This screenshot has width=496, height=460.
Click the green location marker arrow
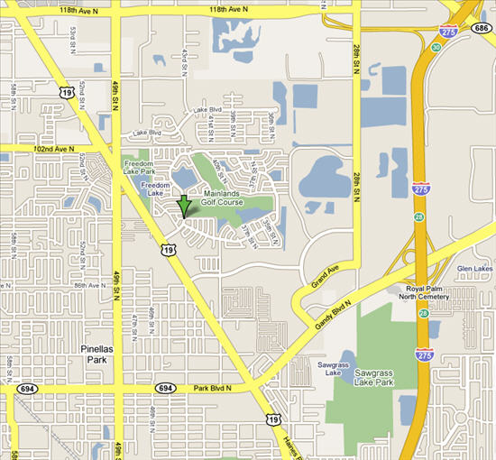click(184, 205)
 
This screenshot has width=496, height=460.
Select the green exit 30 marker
click(436, 48)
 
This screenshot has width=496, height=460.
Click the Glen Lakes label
click(474, 268)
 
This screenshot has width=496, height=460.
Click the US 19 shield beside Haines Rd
click(273, 419)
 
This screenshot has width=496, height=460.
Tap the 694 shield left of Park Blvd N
click(165, 388)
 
